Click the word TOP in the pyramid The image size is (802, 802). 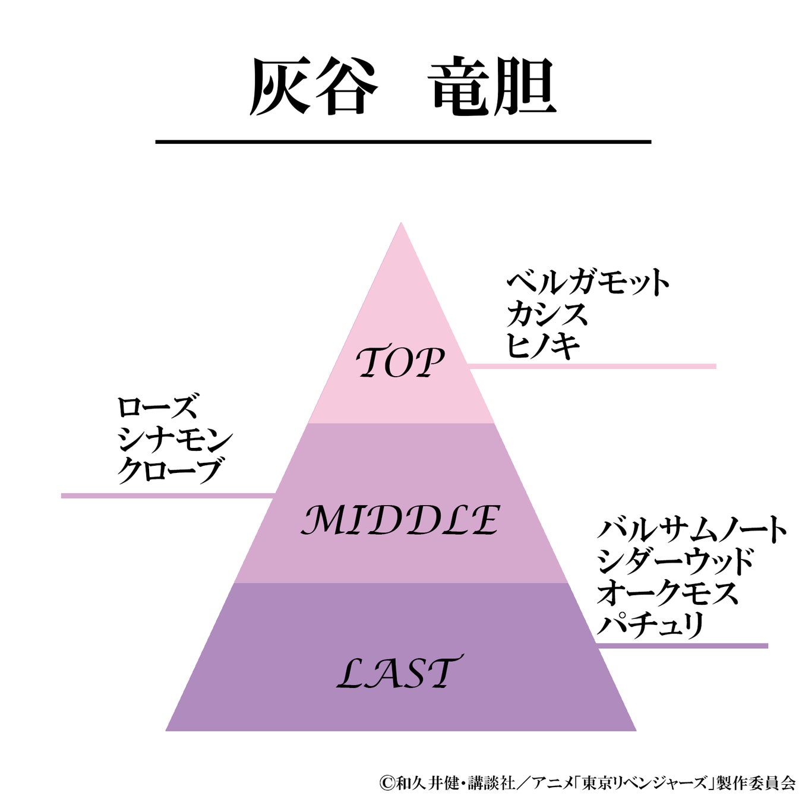[x=400, y=363]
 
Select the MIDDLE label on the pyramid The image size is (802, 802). [x=400, y=520]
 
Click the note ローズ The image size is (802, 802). [x=157, y=408]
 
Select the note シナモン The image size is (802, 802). [x=175, y=440]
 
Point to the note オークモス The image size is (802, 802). [x=668, y=593]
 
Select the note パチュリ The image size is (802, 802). [x=651, y=625]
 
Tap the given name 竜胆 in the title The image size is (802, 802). [x=494, y=87]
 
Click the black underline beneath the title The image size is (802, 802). [x=403, y=142]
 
